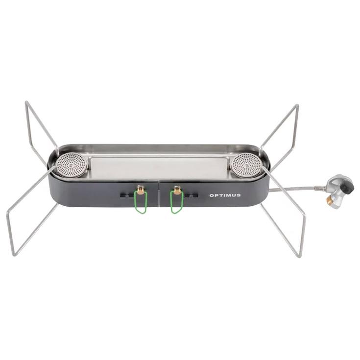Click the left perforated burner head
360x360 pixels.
72,165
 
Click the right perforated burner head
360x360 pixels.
246,165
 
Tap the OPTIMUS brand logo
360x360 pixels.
225,195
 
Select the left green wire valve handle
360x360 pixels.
141,202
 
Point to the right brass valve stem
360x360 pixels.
177,190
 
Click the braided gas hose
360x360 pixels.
296,188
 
